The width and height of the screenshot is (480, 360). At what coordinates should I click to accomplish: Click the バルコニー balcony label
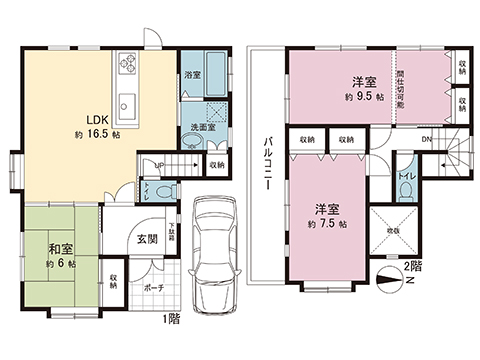pyautogui.click(x=268, y=160)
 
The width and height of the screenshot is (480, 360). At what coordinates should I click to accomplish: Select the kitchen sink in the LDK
pyautogui.click(x=127, y=102)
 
